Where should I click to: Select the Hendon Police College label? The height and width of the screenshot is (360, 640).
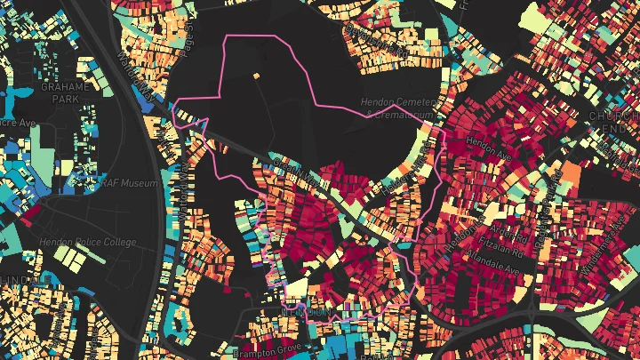[88, 242]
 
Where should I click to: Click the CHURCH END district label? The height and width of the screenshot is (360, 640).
[612, 122]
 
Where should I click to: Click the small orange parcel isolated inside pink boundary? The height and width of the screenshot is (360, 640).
[255, 76]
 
